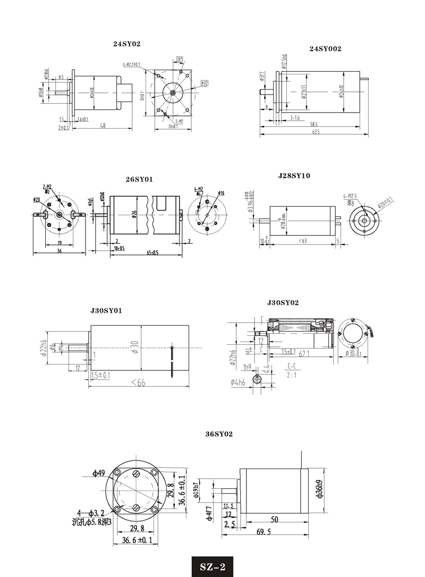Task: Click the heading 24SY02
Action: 126,44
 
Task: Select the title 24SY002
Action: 325,48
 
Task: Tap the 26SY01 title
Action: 139,180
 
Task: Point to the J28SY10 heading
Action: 294,175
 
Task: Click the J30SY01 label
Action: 106,311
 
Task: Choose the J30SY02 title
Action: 283,303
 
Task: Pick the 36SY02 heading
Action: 219,434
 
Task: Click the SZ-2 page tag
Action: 212,566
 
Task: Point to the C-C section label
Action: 292,366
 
